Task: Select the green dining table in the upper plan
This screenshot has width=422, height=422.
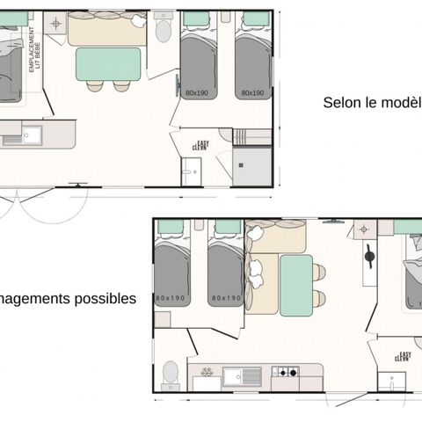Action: [x=108, y=64]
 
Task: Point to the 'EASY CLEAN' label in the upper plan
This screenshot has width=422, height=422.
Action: [x=200, y=146]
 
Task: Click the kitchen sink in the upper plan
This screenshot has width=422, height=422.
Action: [x=31, y=135]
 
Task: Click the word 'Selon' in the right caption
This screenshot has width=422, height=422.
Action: [x=341, y=103]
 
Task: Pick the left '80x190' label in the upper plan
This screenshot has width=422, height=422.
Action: [x=198, y=91]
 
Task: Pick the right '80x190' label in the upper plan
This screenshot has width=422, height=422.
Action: [x=252, y=91]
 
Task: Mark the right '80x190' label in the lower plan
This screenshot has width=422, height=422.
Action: [x=226, y=299]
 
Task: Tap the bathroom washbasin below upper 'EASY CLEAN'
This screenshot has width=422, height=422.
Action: [x=191, y=172]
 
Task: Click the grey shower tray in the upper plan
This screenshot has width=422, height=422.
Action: [x=252, y=165]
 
